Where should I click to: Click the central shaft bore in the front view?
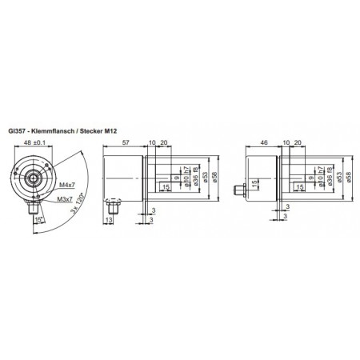(36, 178)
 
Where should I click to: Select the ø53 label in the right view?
(340, 178)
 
